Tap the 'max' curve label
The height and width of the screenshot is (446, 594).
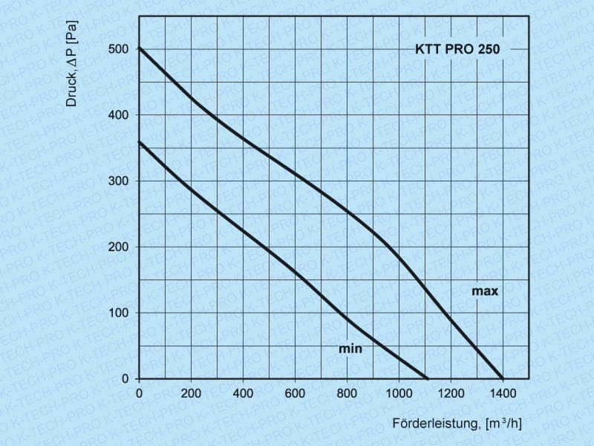(485, 291)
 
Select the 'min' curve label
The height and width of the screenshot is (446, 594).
(350, 348)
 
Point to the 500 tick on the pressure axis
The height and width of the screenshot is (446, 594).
(120, 49)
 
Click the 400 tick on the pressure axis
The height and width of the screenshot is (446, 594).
(120, 115)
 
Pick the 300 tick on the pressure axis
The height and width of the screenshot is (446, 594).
(120, 181)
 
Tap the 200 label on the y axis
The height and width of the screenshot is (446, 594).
(120, 247)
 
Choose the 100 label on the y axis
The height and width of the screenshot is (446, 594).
(120, 313)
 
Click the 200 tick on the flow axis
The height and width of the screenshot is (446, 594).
(191, 392)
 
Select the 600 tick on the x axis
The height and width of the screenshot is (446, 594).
(295, 392)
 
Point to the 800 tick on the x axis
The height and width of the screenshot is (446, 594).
(347, 392)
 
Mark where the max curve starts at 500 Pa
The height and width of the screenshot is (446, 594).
(140, 49)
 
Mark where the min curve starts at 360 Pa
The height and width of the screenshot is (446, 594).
(140, 141)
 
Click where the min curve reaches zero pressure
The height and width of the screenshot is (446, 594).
(428, 378)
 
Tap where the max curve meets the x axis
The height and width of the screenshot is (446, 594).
(503, 378)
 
